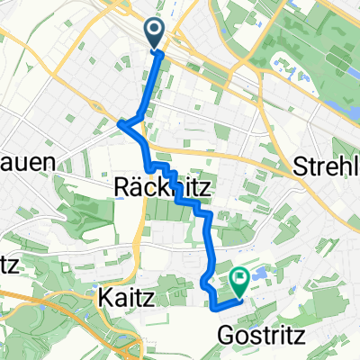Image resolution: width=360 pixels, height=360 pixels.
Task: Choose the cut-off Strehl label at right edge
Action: tap(327, 167)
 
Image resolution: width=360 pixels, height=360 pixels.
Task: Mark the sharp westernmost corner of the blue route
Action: tap(121, 123)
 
